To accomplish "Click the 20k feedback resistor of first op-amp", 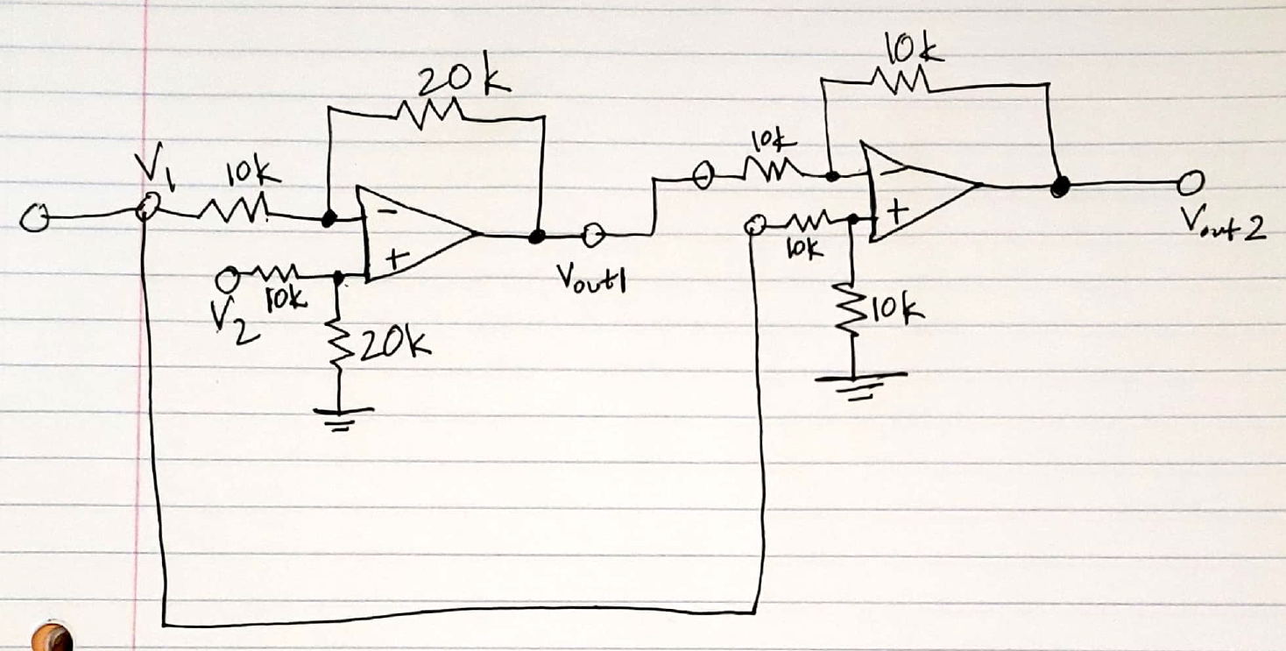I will click(x=428, y=113).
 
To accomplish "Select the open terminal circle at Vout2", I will click(x=1190, y=184).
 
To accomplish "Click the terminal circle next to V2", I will click(x=230, y=280).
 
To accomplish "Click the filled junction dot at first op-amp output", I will click(x=537, y=236).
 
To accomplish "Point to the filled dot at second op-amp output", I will click(x=1061, y=186).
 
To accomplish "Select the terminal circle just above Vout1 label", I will click(x=592, y=235).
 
